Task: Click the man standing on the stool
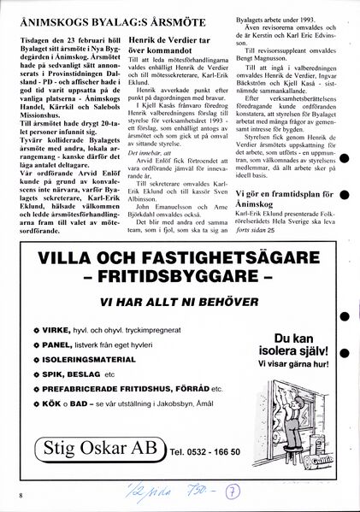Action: pyautogui.click(x=287, y=396)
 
